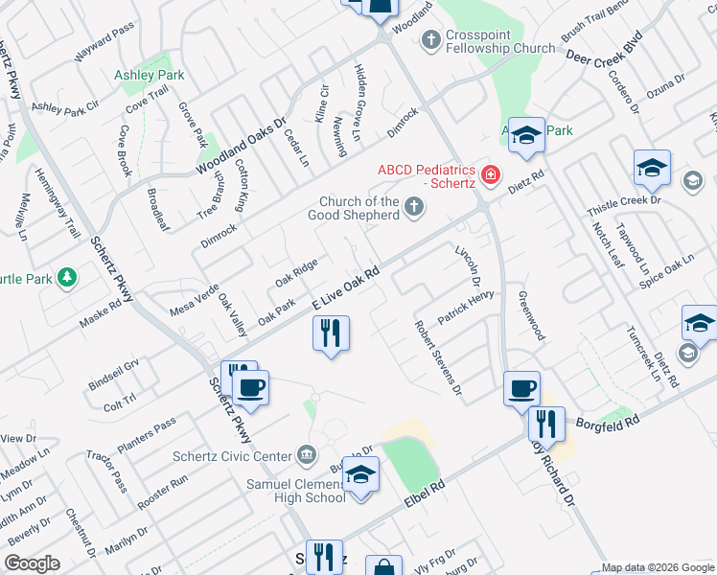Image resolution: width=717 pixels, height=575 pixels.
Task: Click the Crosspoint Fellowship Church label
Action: click(x=499, y=40)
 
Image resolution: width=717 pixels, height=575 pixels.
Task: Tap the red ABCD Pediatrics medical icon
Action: click(x=491, y=173)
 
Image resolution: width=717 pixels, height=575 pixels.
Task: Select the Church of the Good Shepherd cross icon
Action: click(x=414, y=205)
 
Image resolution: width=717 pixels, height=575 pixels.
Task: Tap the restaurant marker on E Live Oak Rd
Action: click(x=331, y=333)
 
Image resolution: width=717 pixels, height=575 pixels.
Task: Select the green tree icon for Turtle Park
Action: click(x=66, y=278)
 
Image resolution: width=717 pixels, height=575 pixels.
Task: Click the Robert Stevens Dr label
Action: click(x=438, y=357)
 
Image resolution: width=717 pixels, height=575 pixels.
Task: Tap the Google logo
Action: click(x=32, y=563)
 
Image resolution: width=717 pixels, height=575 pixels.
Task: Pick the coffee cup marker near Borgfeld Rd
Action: click(x=521, y=389)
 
